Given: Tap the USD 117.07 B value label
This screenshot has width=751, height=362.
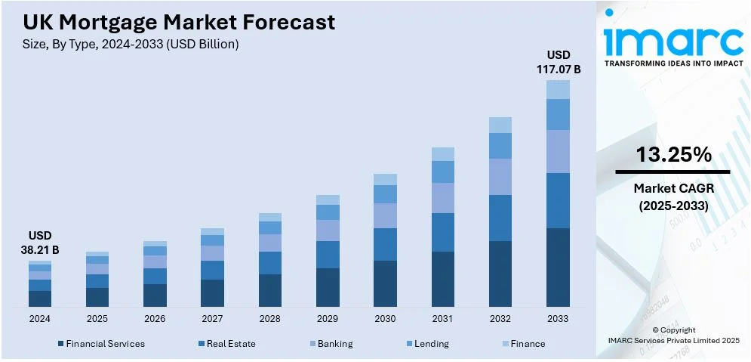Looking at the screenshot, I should tap(559, 62).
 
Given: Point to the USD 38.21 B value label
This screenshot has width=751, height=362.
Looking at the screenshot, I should tap(40, 243).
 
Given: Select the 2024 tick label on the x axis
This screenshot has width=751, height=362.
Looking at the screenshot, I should tap(40, 319).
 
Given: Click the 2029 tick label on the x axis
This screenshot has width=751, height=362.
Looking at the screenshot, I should tap(328, 319).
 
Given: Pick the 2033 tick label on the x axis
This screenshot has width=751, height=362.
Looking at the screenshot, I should tap(558, 319).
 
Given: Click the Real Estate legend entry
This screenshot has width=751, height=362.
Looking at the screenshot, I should tap(231, 344).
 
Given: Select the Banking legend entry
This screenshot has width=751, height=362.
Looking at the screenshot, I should tap(334, 344).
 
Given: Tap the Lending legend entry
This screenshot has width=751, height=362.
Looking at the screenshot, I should tap(431, 344).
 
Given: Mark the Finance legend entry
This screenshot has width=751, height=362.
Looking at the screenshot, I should tap(528, 344).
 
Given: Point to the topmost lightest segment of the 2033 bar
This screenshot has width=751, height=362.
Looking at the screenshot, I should tap(558, 90).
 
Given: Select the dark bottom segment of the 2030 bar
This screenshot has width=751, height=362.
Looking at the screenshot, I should tap(385, 283).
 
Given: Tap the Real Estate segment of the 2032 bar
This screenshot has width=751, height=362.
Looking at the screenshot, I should tap(500, 218).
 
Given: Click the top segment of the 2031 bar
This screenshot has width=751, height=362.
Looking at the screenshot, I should tap(443, 154).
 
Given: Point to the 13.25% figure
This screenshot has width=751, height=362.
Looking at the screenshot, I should tap(673, 155).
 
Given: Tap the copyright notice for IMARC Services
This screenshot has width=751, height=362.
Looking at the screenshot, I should tap(673, 336).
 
